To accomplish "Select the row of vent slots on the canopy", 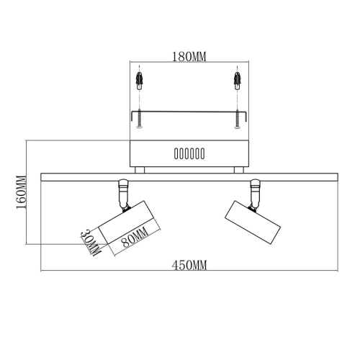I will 189,154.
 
